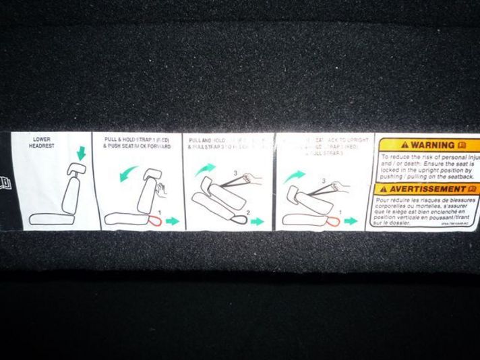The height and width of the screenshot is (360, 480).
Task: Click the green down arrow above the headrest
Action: (x=82, y=154)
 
